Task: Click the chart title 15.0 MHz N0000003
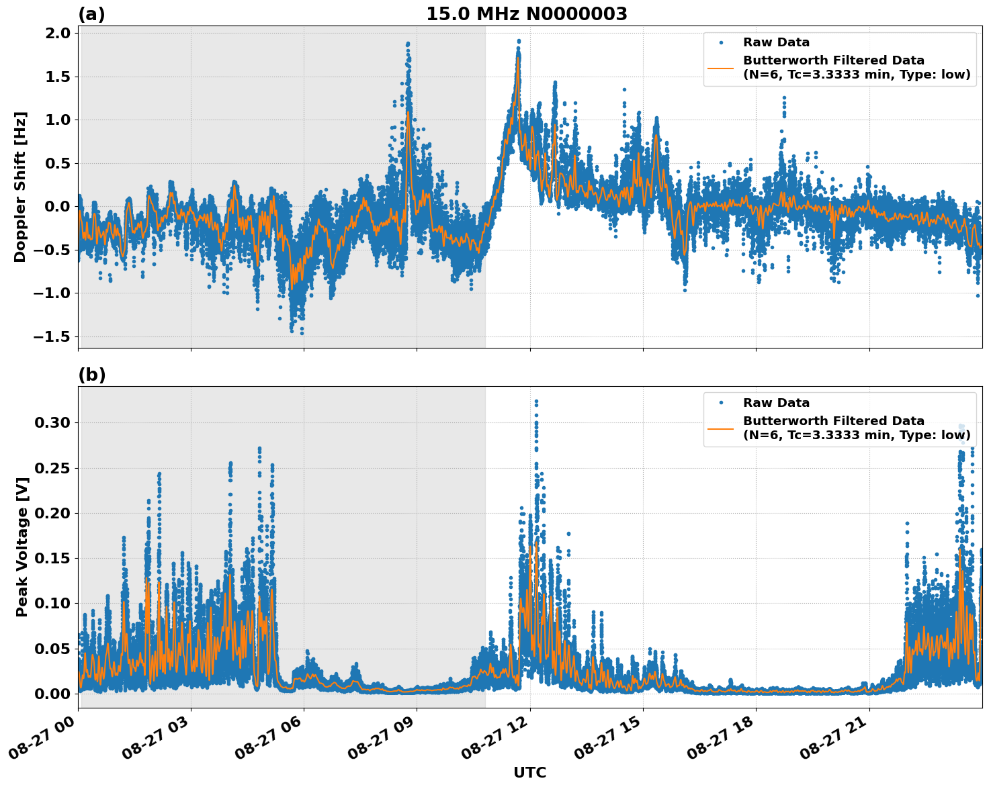(x=526, y=14)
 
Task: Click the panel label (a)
(x=91, y=14)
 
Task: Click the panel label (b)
(x=91, y=375)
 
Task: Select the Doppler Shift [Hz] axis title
(x=20, y=187)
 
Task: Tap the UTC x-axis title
(x=529, y=772)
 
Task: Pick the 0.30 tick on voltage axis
(x=52, y=422)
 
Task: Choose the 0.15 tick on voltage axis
(x=52, y=558)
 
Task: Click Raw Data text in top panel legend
(x=776, y=42)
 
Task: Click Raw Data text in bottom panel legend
(x=776, y=403)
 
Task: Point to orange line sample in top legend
(x=721, y=68)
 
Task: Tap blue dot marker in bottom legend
(x=721, y=403)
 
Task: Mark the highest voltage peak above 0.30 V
(x=536, y=402)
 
